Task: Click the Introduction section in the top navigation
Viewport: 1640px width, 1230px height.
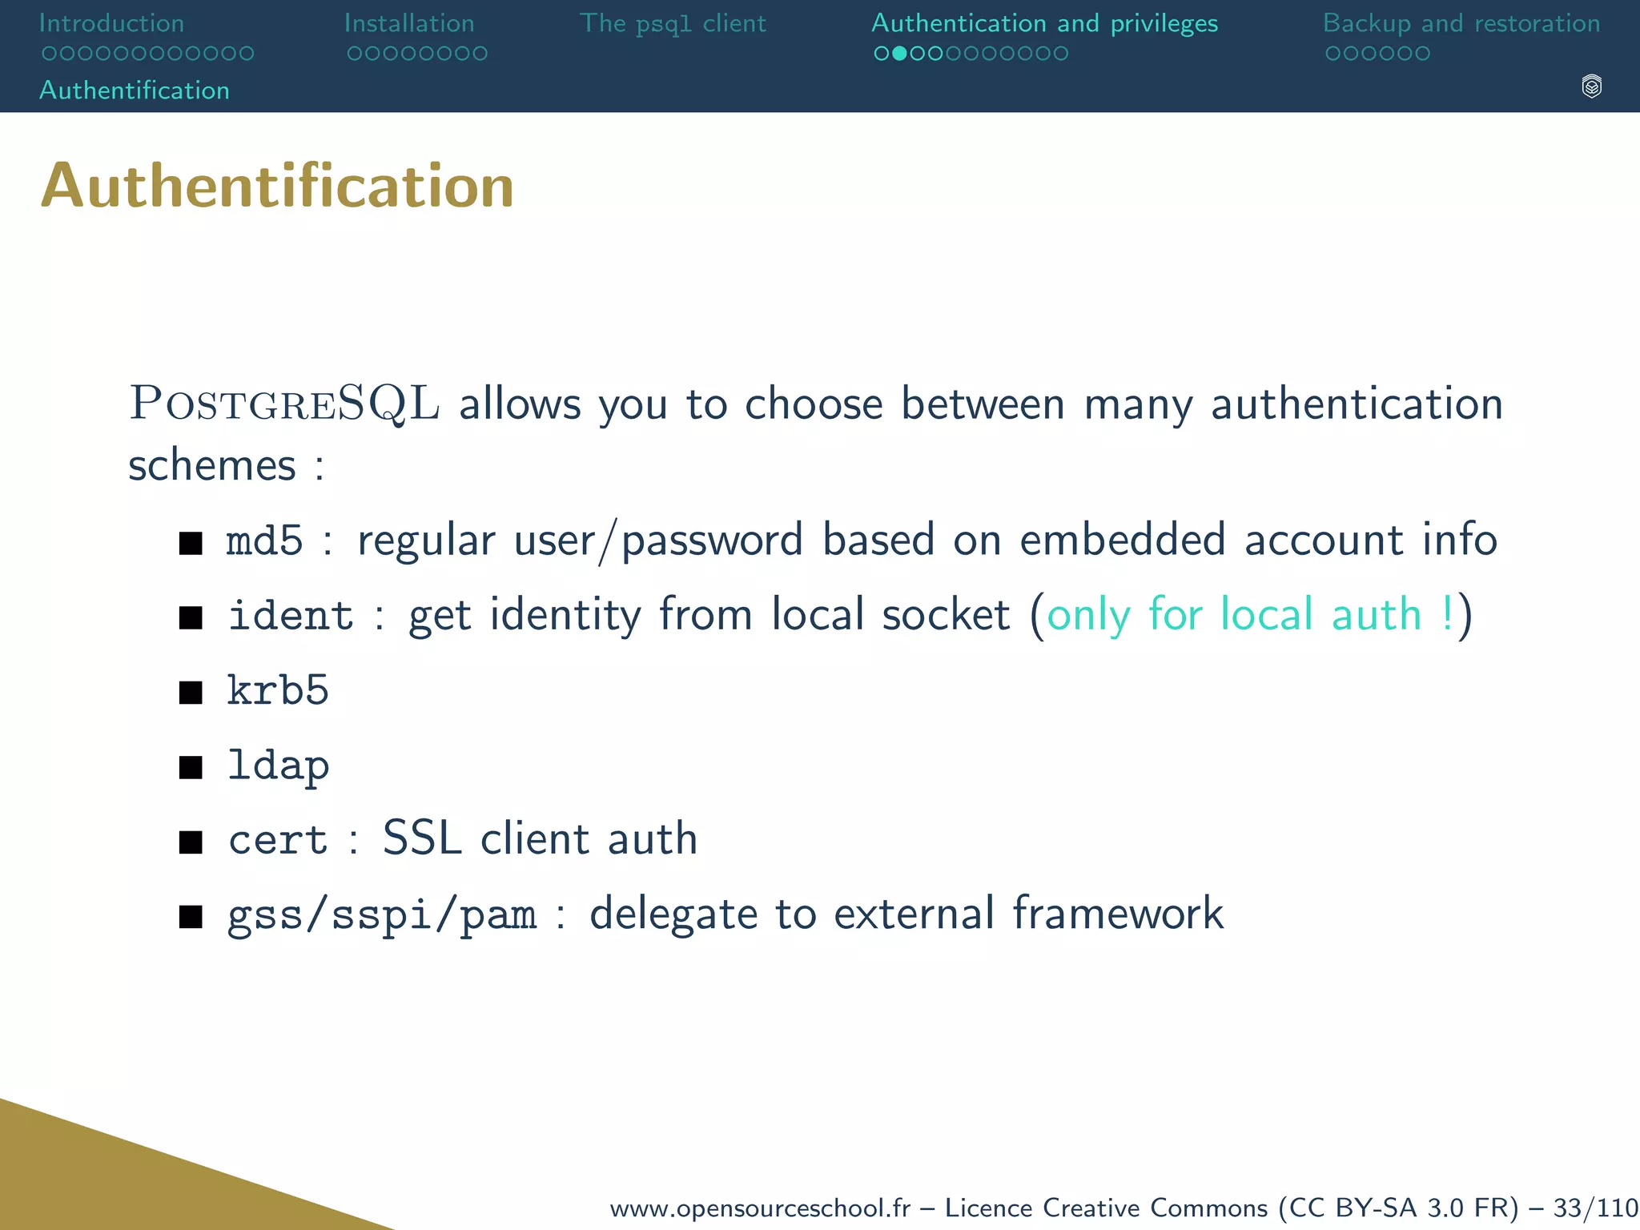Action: pos(111,23)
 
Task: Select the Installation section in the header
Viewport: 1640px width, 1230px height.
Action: pos(409,23)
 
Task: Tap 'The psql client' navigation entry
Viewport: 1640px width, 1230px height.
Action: pos(673,23)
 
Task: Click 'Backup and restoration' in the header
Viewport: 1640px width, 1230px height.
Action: pos(1461,23)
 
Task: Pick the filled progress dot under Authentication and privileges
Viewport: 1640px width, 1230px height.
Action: pos(899,54)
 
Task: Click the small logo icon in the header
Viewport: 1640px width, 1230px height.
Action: pos(1591,86)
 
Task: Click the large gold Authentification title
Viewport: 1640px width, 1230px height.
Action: pos(277,186)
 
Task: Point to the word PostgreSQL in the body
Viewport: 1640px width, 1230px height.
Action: pos(284,403)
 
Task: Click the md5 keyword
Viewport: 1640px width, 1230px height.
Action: pos(264,541)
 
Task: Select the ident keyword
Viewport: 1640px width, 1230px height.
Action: pos(291,615)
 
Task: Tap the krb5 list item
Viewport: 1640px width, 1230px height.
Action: pos(278,690)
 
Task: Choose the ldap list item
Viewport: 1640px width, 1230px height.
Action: pos(278,766)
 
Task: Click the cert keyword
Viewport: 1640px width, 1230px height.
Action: pos(278,840)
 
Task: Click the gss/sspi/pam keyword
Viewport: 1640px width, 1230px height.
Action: pos(381,914)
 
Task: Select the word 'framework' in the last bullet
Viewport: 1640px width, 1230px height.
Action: pos(1117,913)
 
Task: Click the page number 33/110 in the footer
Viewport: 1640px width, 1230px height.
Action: pos(1594,1208)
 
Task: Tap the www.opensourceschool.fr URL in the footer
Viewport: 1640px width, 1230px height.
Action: pos(760,1208)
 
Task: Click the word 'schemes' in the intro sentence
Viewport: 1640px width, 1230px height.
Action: pos(212,465)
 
